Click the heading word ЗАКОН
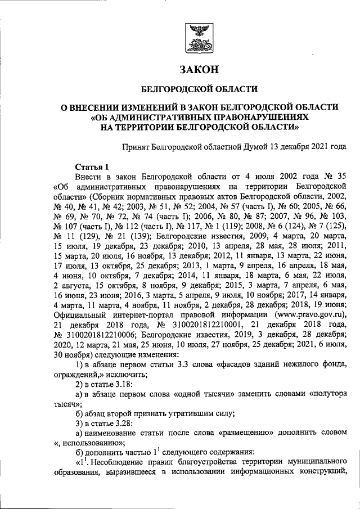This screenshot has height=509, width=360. point(198,70)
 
